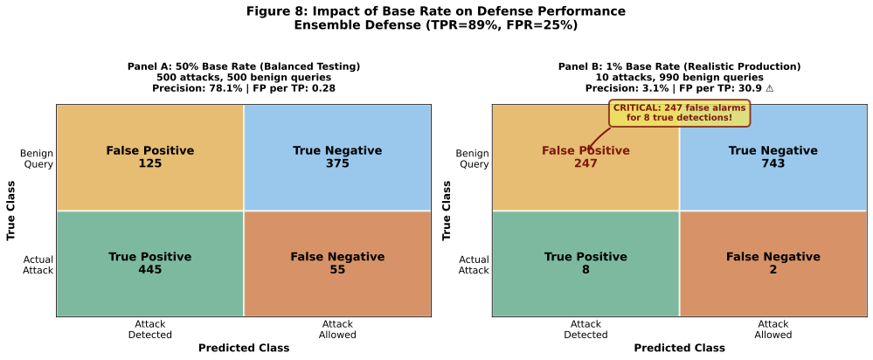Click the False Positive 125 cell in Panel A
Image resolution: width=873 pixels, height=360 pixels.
[x=149, y=157]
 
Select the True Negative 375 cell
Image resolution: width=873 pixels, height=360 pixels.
[x=337, y=157]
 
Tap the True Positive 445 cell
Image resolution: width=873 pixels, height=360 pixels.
[x=149, y=263]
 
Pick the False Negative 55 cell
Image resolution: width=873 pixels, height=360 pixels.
[x=337, y=263]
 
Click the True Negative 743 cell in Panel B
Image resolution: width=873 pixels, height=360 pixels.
[x=773, y=157]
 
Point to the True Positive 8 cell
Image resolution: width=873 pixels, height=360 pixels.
[x=585, y=263]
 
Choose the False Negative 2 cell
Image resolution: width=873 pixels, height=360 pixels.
[x=773, y=263]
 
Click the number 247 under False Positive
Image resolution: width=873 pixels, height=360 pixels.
[x=585, y=163]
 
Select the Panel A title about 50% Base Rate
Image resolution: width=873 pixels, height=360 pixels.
[x=244, y=66]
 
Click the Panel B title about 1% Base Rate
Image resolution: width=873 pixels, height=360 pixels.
[x=679, y=66]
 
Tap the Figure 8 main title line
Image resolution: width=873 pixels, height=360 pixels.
[x=436, y=11]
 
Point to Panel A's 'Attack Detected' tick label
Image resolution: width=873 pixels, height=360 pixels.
[x=149, y=329]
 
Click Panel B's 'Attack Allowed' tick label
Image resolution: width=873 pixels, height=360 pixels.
[x=773, y=329]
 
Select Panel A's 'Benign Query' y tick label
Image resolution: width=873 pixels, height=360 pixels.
[x=36, y=158]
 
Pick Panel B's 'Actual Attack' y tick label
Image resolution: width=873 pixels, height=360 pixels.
[x=474, y=264]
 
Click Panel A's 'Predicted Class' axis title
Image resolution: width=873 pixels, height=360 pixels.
[x=244, y=348]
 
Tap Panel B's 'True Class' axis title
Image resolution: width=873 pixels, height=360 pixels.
[x=447, y=211]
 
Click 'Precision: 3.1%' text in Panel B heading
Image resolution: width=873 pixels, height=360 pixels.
[x=621, y=88]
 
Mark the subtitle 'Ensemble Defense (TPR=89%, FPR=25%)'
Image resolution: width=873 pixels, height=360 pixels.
[x=436, y=25]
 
